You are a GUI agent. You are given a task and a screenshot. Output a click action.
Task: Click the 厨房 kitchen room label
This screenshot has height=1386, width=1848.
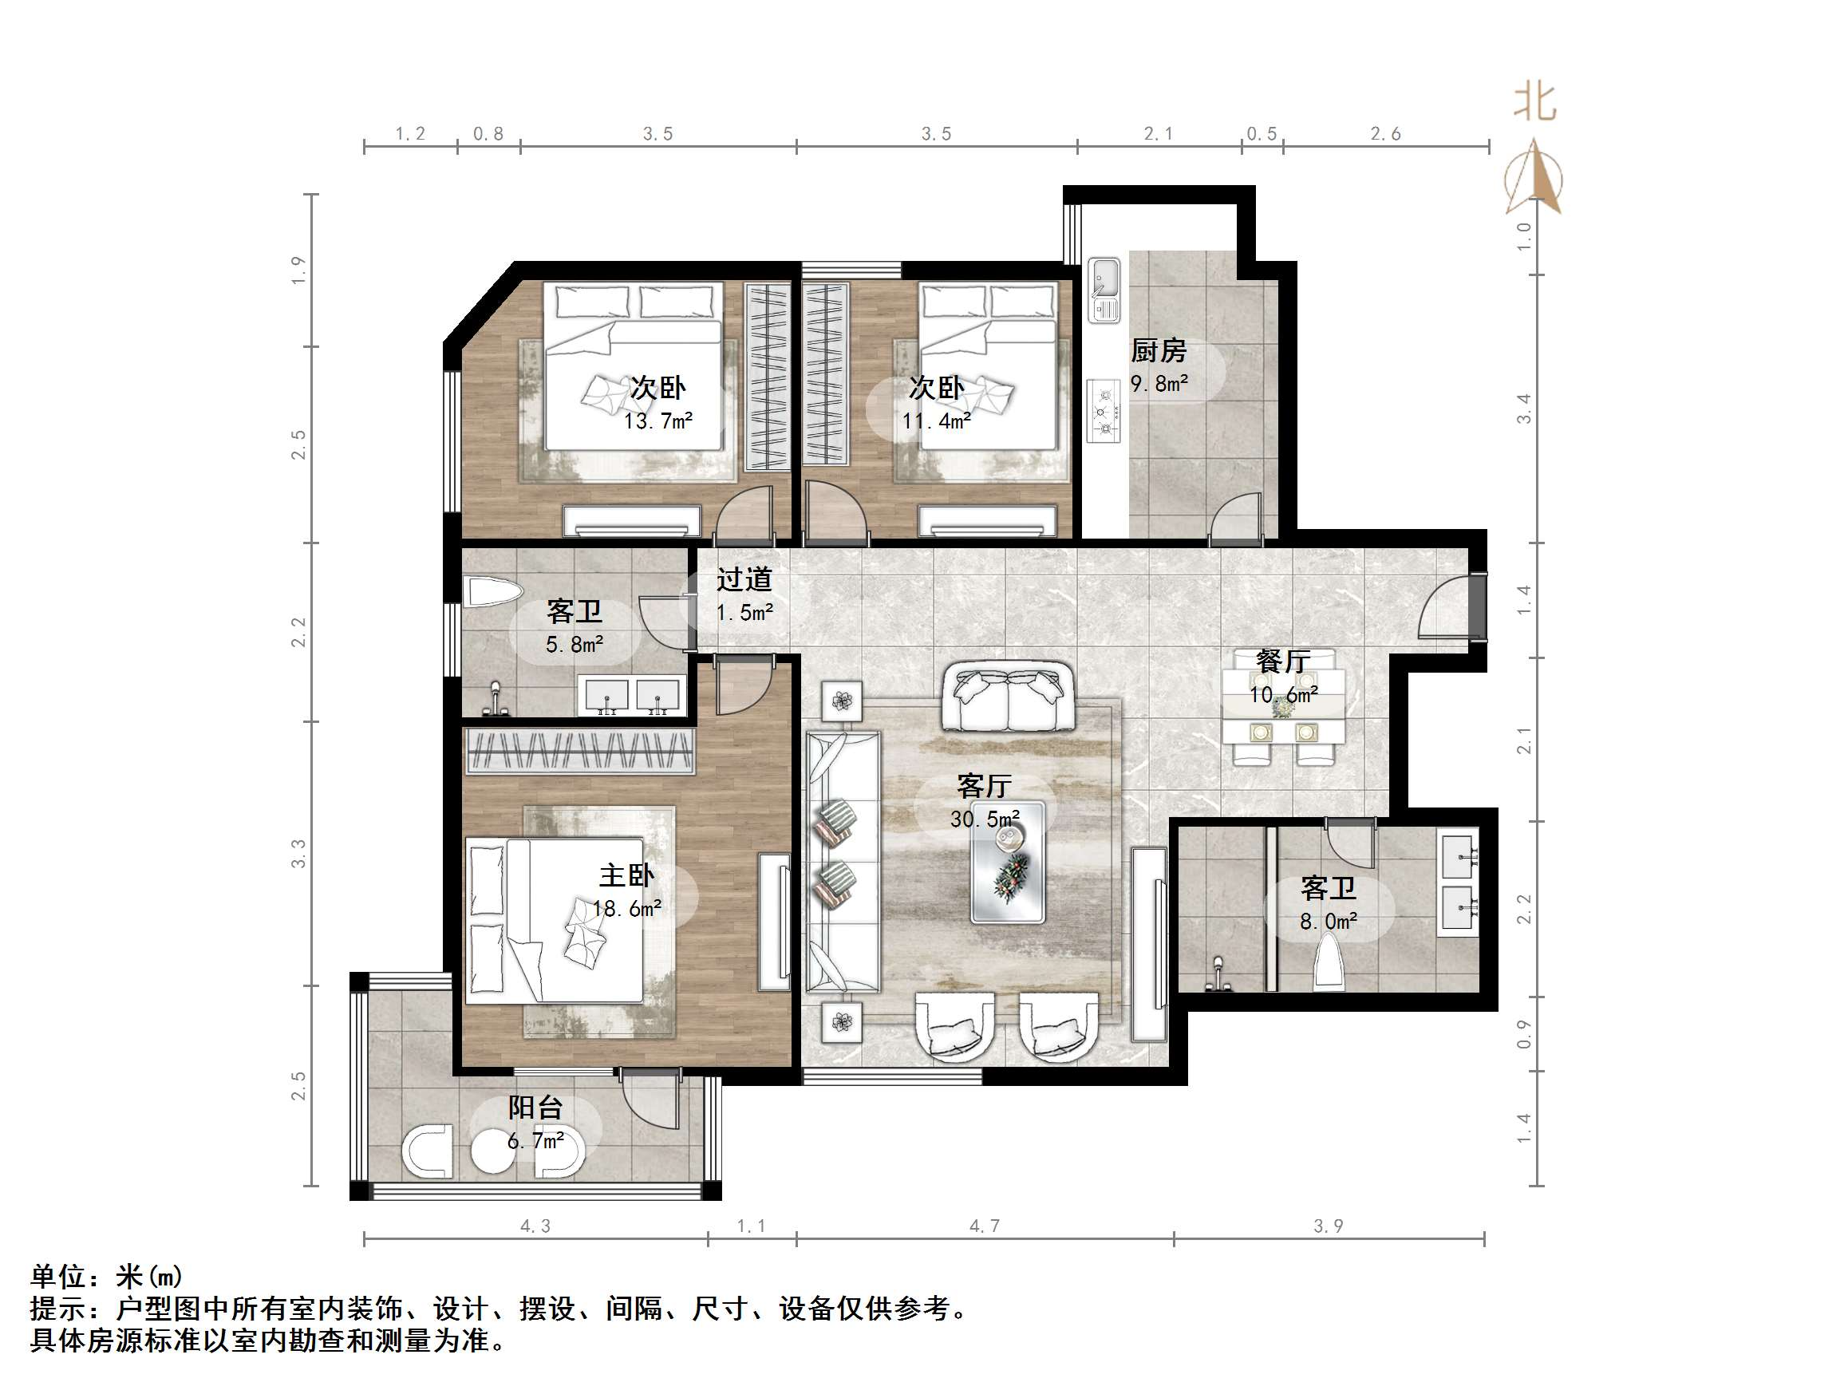tap(1158, 351)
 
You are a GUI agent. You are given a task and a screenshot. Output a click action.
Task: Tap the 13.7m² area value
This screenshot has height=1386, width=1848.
tap(657, 421)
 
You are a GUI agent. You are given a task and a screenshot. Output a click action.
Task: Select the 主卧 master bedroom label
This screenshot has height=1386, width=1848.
tap(626, 875)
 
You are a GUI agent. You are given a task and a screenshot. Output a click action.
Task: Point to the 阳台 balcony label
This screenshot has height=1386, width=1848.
tap(535, 1108)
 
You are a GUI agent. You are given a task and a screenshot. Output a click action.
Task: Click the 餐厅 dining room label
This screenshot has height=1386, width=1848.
tap(1282, 661)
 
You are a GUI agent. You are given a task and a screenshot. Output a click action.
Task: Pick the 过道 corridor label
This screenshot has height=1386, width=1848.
tap(744, 579)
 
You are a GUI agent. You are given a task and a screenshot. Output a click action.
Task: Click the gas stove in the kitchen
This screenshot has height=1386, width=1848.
tap(1104, 411)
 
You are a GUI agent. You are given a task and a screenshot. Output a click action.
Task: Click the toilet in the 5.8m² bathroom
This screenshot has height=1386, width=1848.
tap(493, 592)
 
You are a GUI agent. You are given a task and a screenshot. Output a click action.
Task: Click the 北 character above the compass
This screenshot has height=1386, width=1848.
tap(1535, 103)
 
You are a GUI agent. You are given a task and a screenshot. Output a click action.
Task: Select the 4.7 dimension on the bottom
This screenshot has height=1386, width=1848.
tap(984, 1226)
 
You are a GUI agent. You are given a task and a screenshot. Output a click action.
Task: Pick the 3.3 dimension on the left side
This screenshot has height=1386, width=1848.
tap(298, 853)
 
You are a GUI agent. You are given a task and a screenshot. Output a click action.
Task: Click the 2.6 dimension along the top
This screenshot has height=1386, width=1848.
tap(1385, 134)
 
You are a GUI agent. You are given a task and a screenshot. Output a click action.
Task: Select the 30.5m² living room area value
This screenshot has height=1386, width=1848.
tap(984, 819)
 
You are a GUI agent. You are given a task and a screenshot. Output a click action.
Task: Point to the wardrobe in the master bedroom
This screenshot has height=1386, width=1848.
tap(580, 750)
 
